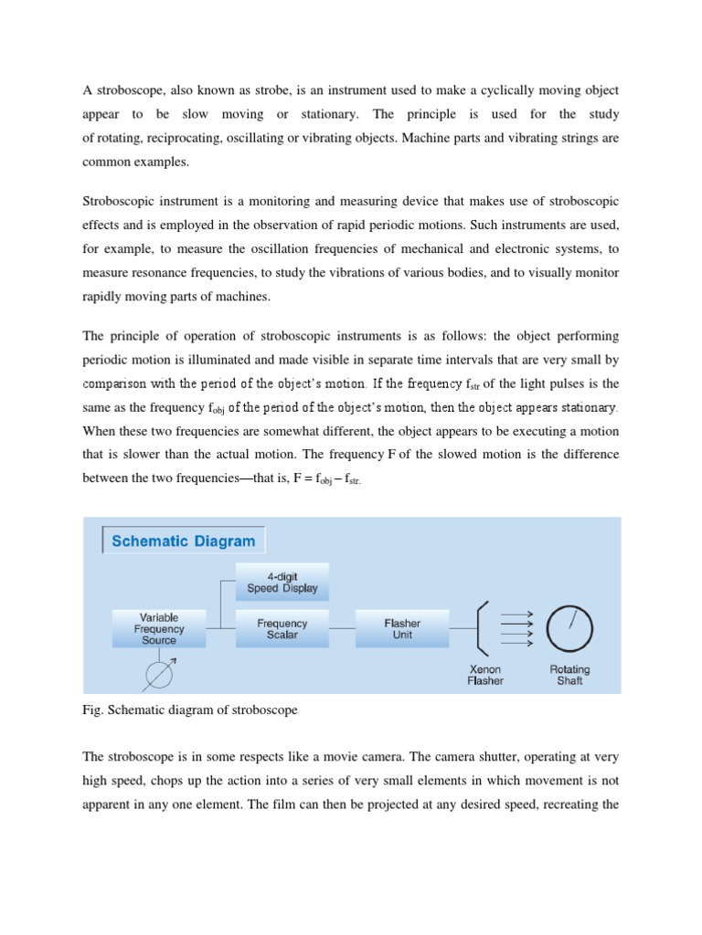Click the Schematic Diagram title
[183, 541]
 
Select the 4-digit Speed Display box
[282, 583]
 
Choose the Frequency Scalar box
[282, 628]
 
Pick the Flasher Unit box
[402, 628]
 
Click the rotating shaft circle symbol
[569, 627]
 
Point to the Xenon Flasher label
[485, 675]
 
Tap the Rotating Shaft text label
[569, 675]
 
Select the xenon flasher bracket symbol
[484, 627]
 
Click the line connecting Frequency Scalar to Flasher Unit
[342, 628]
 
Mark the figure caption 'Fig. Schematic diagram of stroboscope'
[190, 709]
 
